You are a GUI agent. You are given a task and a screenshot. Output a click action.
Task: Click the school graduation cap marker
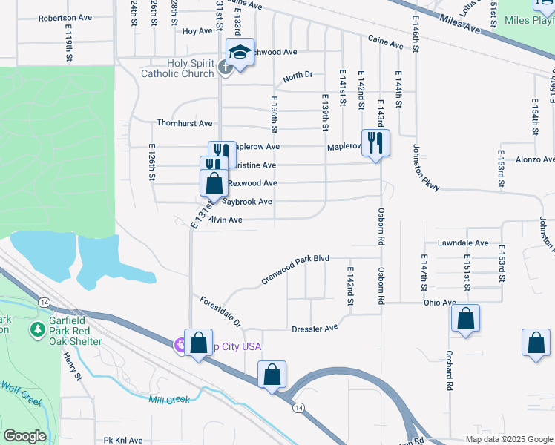pyautogui.click(x=240, y=53)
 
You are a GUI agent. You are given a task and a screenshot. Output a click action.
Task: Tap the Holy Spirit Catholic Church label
pyautogui.click(x=177, y=68)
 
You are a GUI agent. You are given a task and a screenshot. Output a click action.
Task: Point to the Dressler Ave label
pyautogui.click(x=315, y=327)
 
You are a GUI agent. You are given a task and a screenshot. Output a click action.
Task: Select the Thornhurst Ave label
pyautogui.click(x=184, y=123)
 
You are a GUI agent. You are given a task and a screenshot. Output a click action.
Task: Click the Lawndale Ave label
pyautogui.click(x=463, y=243)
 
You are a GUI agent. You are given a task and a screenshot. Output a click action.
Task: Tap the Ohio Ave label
pyautogui.click(x=439, y=303)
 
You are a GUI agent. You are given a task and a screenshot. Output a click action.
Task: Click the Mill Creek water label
pyautogui.click(x=169, y=400)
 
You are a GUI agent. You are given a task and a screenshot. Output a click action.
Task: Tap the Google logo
pyautogui.click(x=24, y=436)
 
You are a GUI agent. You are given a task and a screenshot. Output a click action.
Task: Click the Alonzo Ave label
pyautogui.click(x=535, y=159)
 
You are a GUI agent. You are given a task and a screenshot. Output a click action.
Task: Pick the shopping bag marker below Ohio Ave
pyautogui.click(x=465, y=319)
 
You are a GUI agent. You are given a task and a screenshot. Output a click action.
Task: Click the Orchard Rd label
pyautogui.click(x=449, y=369)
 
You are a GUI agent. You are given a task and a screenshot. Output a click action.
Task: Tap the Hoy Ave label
pyautogui.click(x=197, y=31)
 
